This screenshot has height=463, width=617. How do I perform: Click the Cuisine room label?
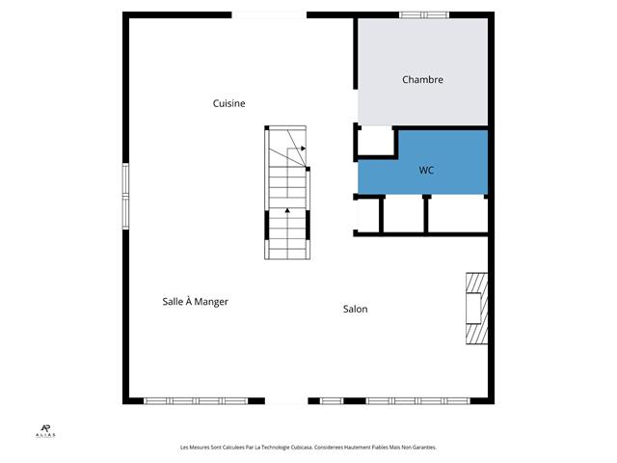[228, 103]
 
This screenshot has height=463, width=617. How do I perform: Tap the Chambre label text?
[422, 79]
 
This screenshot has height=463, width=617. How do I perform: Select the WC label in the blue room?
[426, 170]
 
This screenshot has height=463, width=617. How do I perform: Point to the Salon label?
[356, 309]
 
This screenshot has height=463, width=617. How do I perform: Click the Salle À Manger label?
[195, 302]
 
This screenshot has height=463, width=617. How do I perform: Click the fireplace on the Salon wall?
[477, 309]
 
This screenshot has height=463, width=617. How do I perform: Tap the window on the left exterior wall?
[125, 196]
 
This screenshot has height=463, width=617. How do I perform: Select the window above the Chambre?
[424, 15]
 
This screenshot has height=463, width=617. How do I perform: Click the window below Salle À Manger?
[196, 401]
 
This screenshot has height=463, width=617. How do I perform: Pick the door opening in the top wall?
[269, 15]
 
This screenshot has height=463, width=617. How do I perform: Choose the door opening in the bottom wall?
[286, 401]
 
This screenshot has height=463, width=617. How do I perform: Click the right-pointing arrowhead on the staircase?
[303, 149]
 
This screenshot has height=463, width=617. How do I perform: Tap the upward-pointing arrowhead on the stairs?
[287, 210]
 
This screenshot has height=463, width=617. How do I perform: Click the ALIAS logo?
[45, 431]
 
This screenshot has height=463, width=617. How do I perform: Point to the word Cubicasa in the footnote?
[302, 448]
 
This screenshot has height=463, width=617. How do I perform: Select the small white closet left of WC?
[375, 141]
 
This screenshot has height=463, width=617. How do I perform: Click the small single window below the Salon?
[332, 401]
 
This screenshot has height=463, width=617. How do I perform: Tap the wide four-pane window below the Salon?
[417, 401]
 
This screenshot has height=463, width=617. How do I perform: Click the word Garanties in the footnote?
[424, 448]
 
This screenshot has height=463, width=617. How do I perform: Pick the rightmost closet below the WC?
[456, 215]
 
